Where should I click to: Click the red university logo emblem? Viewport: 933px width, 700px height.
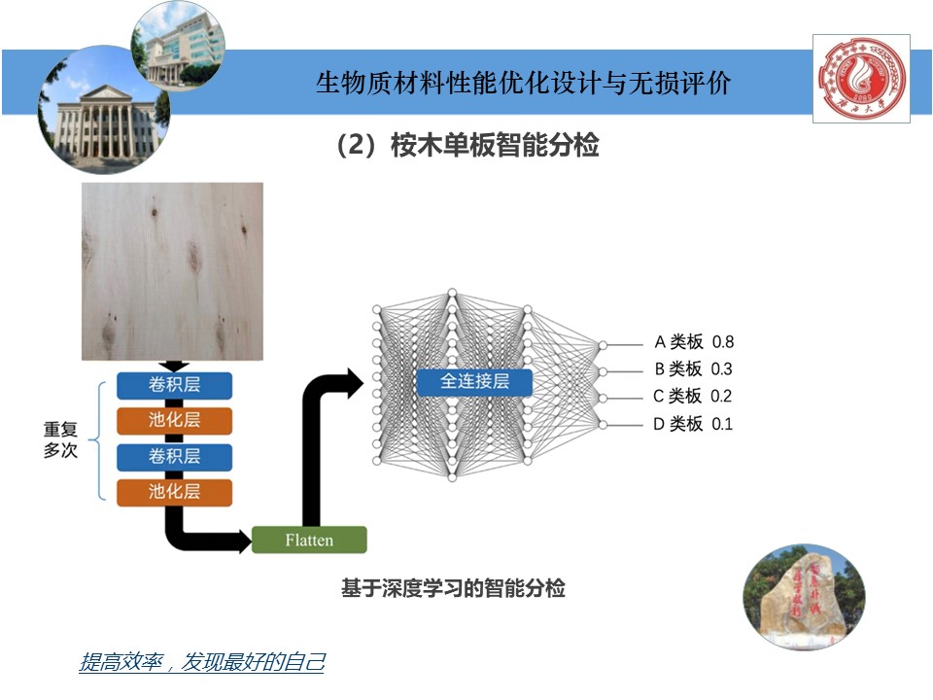click(861, 78)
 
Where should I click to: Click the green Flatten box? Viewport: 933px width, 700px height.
click(309, 540)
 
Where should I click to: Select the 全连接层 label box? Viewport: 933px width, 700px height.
click(475, 381)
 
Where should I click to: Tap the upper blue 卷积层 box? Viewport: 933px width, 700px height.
click(175, 385)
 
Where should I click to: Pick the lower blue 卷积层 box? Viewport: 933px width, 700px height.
click(175, 456)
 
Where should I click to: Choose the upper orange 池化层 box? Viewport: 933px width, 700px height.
click(175, 420)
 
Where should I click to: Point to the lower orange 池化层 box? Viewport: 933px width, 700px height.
click(175, 491)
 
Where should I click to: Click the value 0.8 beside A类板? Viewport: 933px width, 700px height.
click(722, 342)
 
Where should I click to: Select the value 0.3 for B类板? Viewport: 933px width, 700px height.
click(721, 369)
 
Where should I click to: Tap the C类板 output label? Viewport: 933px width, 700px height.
click(677, 397)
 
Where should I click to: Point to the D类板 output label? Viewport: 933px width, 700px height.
click(677, 424)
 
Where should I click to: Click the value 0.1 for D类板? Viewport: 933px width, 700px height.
click(721, 424)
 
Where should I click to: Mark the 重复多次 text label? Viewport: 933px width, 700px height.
click(59, 439)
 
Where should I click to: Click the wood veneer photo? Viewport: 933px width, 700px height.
click(172, 271)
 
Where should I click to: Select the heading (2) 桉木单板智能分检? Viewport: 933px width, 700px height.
click(466, 146)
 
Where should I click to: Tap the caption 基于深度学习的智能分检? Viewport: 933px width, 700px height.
click(453, 588)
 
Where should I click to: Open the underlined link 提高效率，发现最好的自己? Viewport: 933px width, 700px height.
click(201, 663)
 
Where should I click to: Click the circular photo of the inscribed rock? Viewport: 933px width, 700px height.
click(803, 596)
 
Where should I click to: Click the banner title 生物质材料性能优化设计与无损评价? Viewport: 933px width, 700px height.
click(523, 83)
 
